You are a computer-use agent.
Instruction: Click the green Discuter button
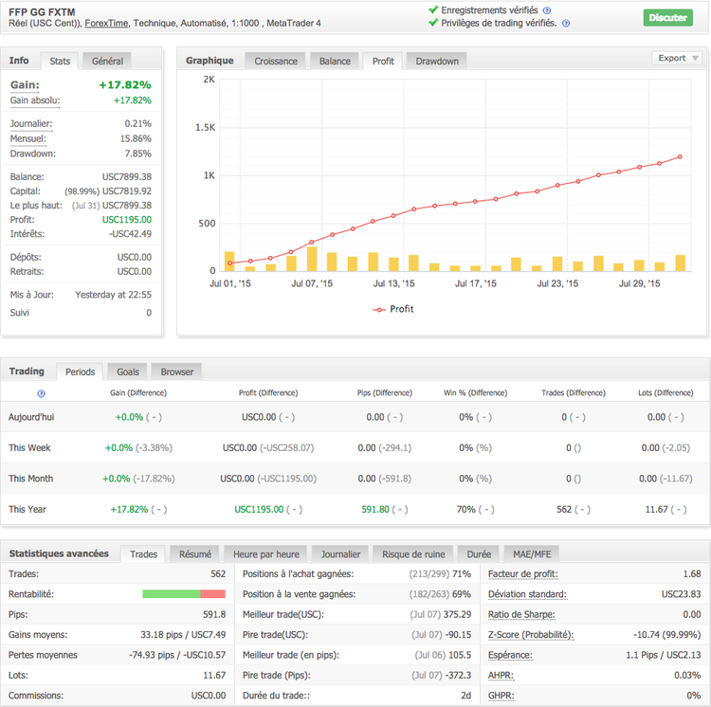tap(667, 17)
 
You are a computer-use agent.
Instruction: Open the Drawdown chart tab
tap(436, 61)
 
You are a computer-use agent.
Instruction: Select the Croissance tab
tap(276, 61)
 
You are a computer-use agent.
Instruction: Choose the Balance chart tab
tap(335, 61)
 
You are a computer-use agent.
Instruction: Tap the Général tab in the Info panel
tap(107, 61)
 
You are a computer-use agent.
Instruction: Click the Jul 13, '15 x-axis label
tap(393, 283)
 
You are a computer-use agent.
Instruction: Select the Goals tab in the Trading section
tap(127, 372)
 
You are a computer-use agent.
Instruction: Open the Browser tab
tap(177, 372)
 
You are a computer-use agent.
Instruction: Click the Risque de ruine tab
tap(414, 553)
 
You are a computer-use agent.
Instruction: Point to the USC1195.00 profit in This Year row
tap(259, 509)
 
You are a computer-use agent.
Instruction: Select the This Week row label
tap(29, 447)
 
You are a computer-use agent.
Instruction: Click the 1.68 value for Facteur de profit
tap(691, 573)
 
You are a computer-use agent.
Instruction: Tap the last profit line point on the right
tap(681, 157)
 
